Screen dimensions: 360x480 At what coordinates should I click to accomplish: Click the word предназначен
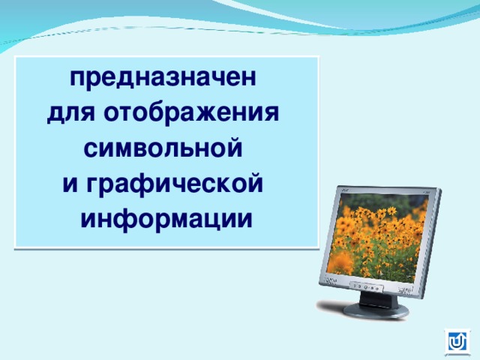pos(163,77)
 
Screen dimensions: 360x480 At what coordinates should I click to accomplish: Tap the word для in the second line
pos(72,113)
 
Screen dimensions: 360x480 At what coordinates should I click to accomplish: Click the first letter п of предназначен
pos(76,78)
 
